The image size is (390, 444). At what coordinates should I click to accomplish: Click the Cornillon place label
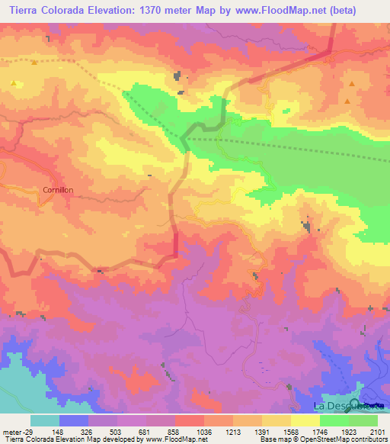click(57, 191)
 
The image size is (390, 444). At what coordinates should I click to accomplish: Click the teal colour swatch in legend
click(44, 420)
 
